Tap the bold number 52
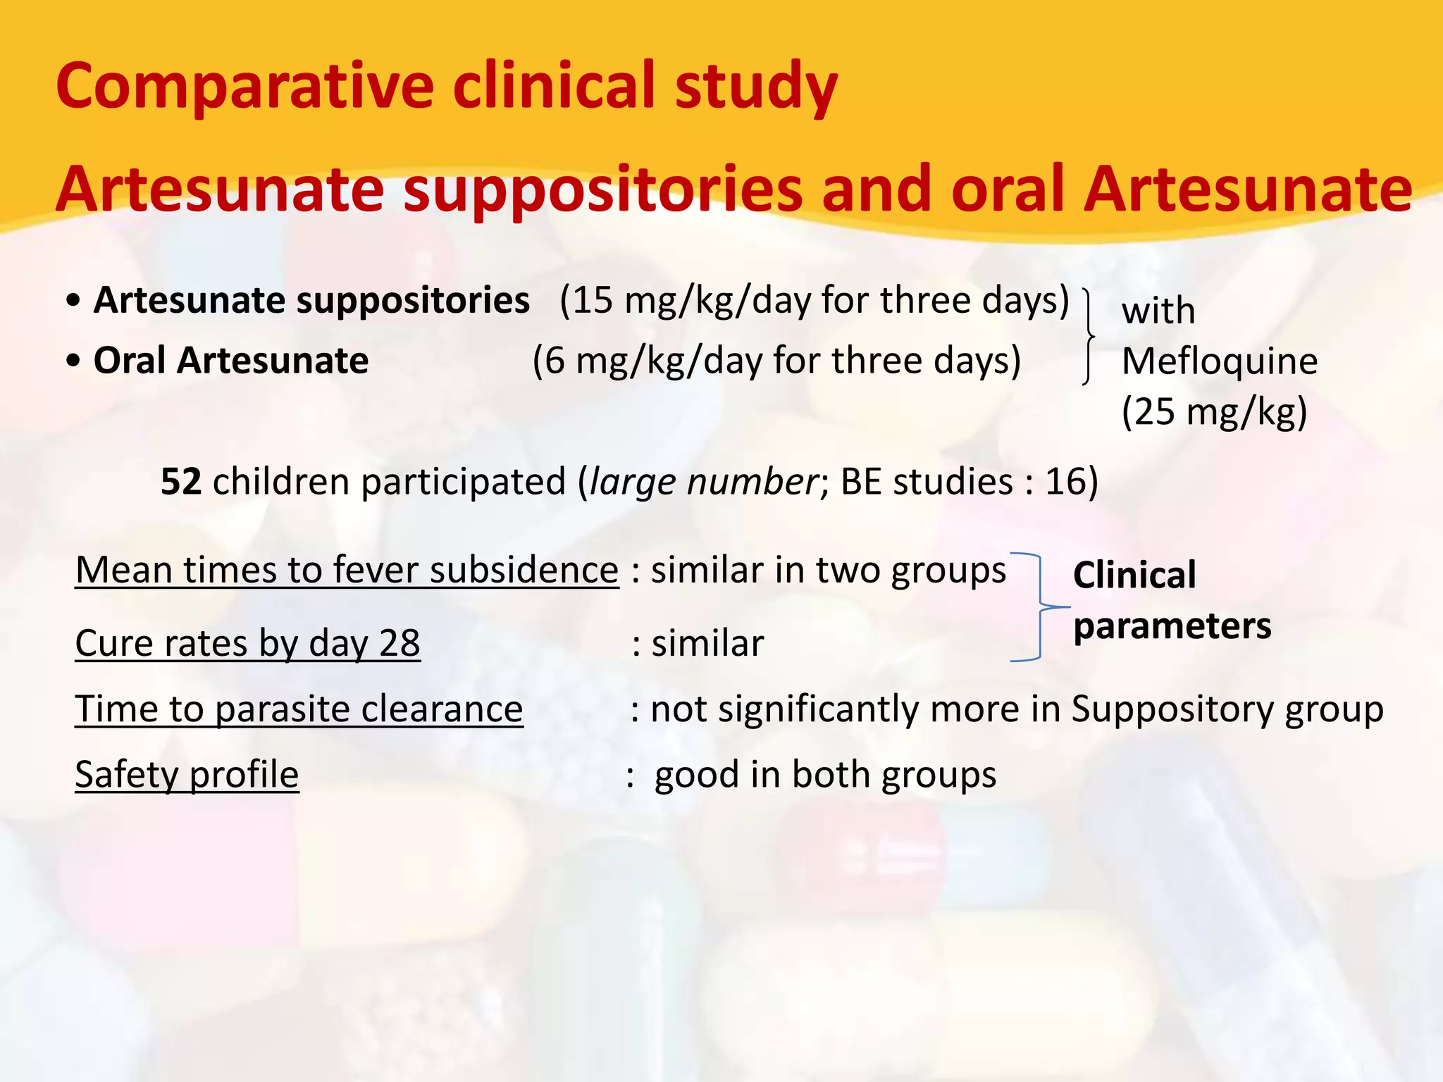click(x=181, y=483)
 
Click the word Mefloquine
click(x=1219, y=362)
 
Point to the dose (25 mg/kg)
click(x=1214, y=412)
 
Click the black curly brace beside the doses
click(x=1089, y=336)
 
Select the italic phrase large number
click(x=702, y=483)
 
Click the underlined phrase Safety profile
click(x=187, y=775)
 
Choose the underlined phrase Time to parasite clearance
click(x=299, y=709)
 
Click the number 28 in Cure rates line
click(x=400, y=644)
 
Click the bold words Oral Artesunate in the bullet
click(x=231, y=361)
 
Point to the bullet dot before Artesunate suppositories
click(x=73, y=301)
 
